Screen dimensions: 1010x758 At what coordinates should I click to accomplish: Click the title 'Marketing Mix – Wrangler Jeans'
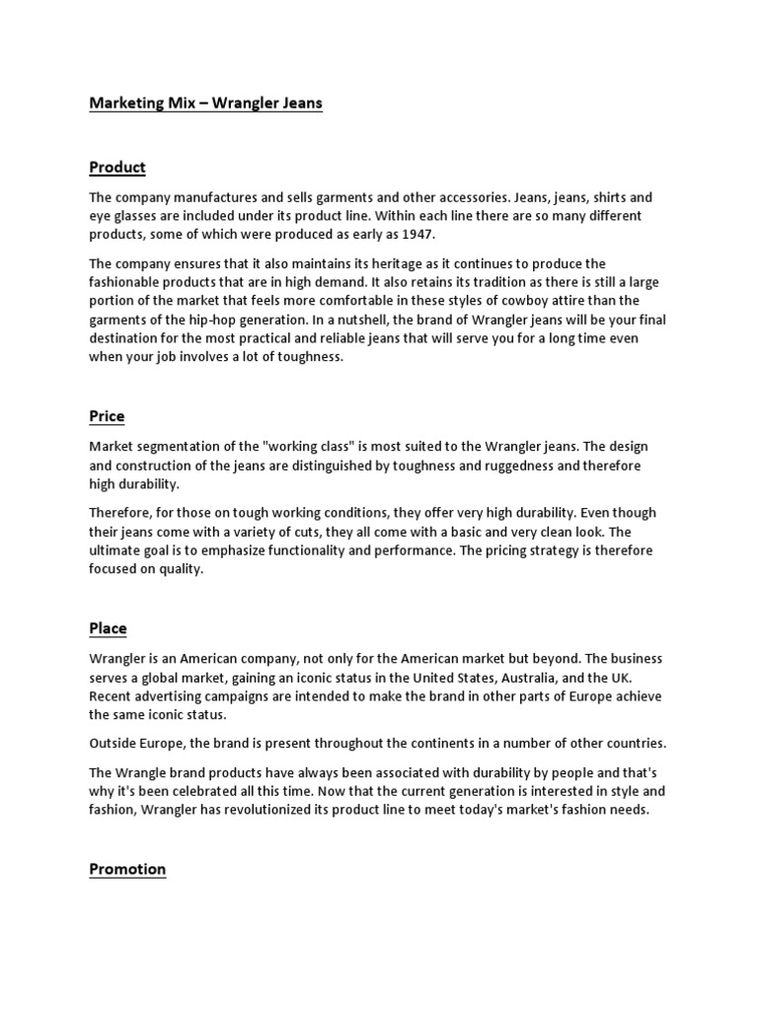205,103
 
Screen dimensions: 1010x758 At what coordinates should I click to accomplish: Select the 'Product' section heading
117,167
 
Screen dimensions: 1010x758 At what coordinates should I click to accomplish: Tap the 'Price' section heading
107,416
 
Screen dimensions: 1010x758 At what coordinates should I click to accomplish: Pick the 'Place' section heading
108,628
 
